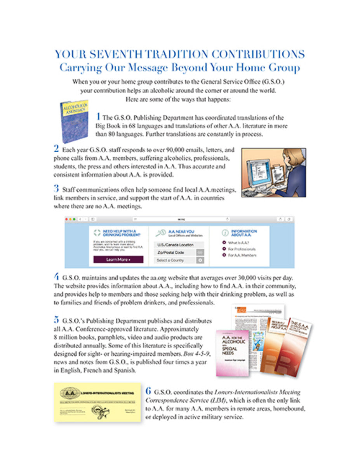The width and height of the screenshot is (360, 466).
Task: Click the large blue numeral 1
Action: coord(98,116)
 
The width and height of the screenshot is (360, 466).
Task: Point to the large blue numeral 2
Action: coord(56,148)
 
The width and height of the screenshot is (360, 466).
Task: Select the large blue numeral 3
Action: coord(56,189)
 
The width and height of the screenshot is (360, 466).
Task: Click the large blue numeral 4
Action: coord(57,277)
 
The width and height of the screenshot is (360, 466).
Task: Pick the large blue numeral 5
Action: coord(57,320)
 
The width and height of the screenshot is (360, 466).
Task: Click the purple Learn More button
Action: coord(118,259)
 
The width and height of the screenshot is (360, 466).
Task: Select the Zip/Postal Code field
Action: coord(174,252)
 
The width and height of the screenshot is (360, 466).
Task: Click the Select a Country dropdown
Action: coord(174,260)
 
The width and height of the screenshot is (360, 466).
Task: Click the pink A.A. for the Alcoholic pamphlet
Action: coord(233,352)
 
